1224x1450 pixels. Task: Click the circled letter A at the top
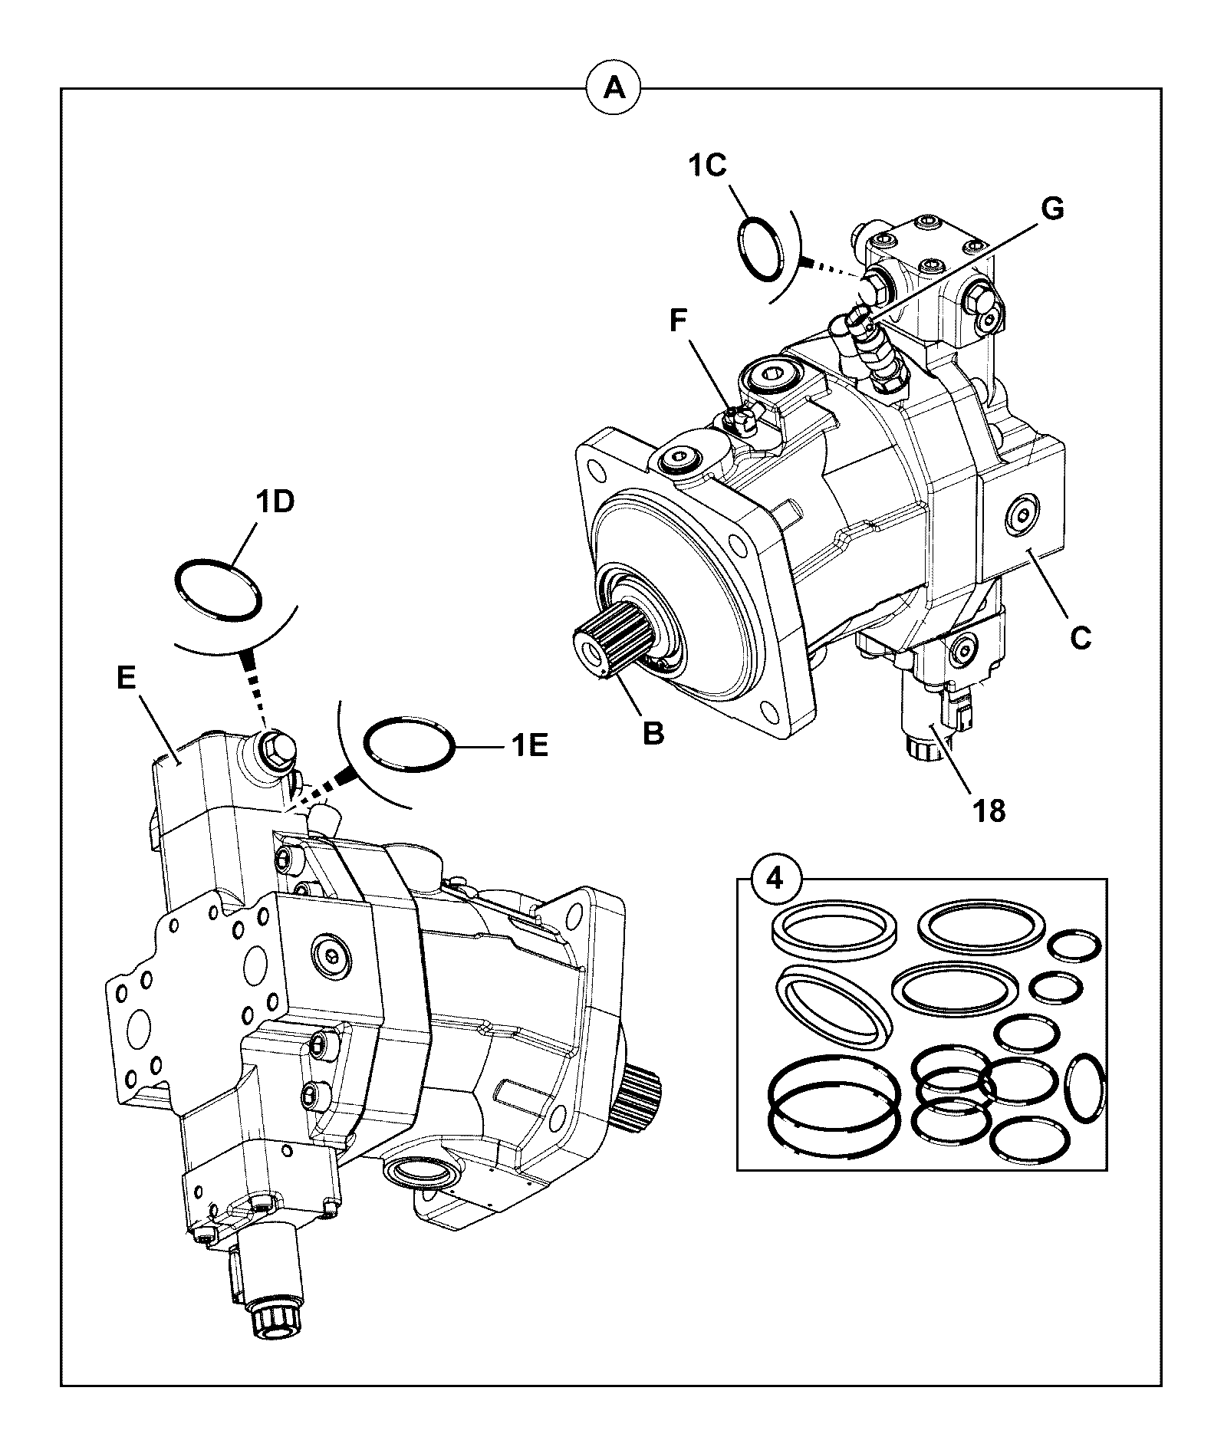pos(614,88)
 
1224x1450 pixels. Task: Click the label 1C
pos(706,166)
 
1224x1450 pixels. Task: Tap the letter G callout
pos(1052,209)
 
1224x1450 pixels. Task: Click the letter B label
pos(653,732)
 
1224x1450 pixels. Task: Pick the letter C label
pos(1080,638)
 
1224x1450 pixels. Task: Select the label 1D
pos(275,504)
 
